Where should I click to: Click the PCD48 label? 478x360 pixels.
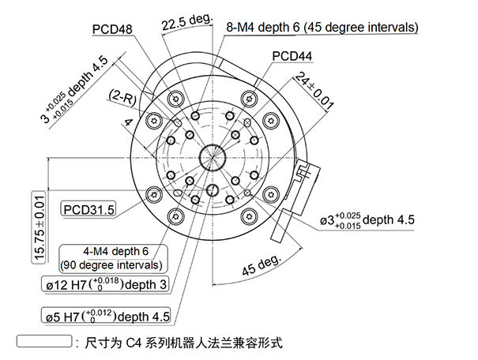pyautogui.click(x=112, y=29)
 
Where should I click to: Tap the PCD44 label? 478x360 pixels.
pyautogui.click(x=292, y=57)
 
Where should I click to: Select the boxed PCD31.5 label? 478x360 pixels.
pyautogui.click(x=88, y=209)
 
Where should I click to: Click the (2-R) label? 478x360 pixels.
pyautogui.click(x=123, y=96)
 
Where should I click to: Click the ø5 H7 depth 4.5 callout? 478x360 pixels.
pyautogui.click(x=105, y=317)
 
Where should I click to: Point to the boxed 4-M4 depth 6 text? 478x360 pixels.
pyautogui.click(x=116, y=251)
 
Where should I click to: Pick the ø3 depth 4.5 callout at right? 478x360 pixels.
pyautogui.click(x=367, y=220)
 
